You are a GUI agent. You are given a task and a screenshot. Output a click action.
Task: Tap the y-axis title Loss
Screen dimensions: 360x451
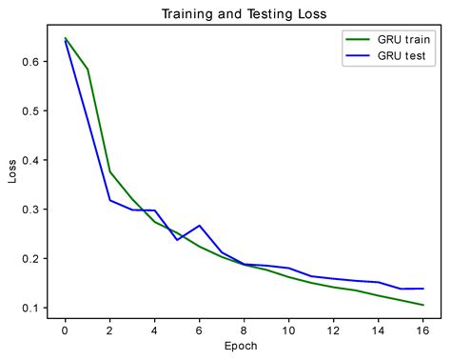point(12,175)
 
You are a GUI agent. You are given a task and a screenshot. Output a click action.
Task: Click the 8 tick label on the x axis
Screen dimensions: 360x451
point(244,330)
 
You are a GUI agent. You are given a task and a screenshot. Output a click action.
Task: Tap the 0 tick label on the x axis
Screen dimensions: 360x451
point(65,330)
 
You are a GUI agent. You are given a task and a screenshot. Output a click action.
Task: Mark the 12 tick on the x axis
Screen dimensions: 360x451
point(333,330)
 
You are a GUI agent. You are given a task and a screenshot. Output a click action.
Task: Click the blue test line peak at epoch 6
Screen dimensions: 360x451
point(199,226)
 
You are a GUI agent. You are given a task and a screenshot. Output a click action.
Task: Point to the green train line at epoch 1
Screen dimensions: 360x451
point(88,70)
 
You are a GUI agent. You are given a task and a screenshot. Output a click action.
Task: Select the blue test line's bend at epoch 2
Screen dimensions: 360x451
point(109,200)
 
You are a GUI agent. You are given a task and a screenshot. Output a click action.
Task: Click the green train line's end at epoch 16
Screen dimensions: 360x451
point(422,305)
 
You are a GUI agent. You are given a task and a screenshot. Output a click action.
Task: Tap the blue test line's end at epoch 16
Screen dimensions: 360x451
point(422,289)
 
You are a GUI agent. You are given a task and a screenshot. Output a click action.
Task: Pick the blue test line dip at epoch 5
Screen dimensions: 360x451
point(177,240)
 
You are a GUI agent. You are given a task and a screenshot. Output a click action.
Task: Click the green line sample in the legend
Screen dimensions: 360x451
point(359,39)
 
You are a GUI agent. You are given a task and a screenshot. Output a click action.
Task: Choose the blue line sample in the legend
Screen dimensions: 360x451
point(359,56)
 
